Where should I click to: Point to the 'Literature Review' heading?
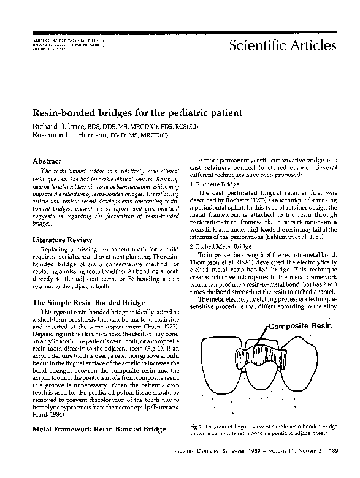(62, 240)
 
